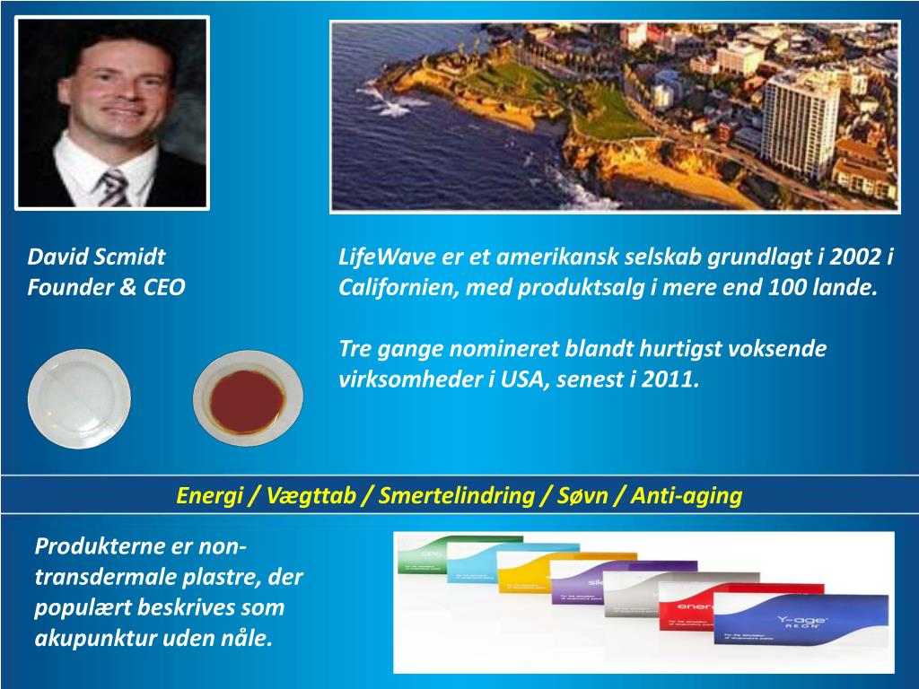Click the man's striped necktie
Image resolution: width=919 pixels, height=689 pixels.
click(114, 186)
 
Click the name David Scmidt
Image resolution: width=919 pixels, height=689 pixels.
click(96, 258)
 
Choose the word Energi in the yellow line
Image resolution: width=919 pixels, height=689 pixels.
click(207, 496)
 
